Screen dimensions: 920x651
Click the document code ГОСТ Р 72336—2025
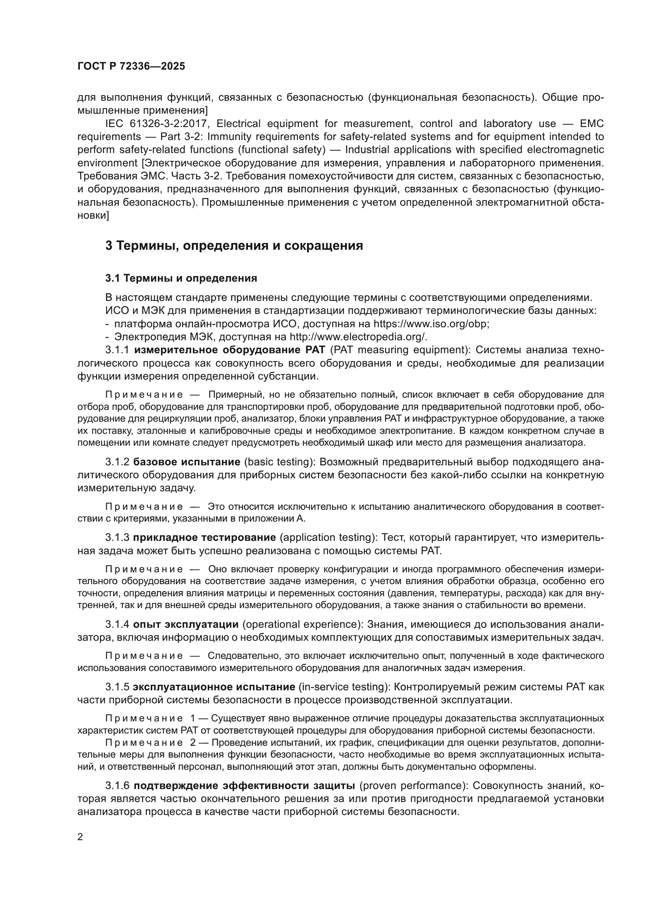131,66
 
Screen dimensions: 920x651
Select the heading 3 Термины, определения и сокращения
234,245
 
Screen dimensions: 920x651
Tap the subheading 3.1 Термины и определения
181,278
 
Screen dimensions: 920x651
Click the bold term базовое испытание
187,462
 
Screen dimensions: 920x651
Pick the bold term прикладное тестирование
204,537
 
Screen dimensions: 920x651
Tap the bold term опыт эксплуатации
186,624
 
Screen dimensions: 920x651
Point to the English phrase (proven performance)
412,785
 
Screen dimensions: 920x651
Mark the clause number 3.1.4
117,624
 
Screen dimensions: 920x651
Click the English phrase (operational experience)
303,624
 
